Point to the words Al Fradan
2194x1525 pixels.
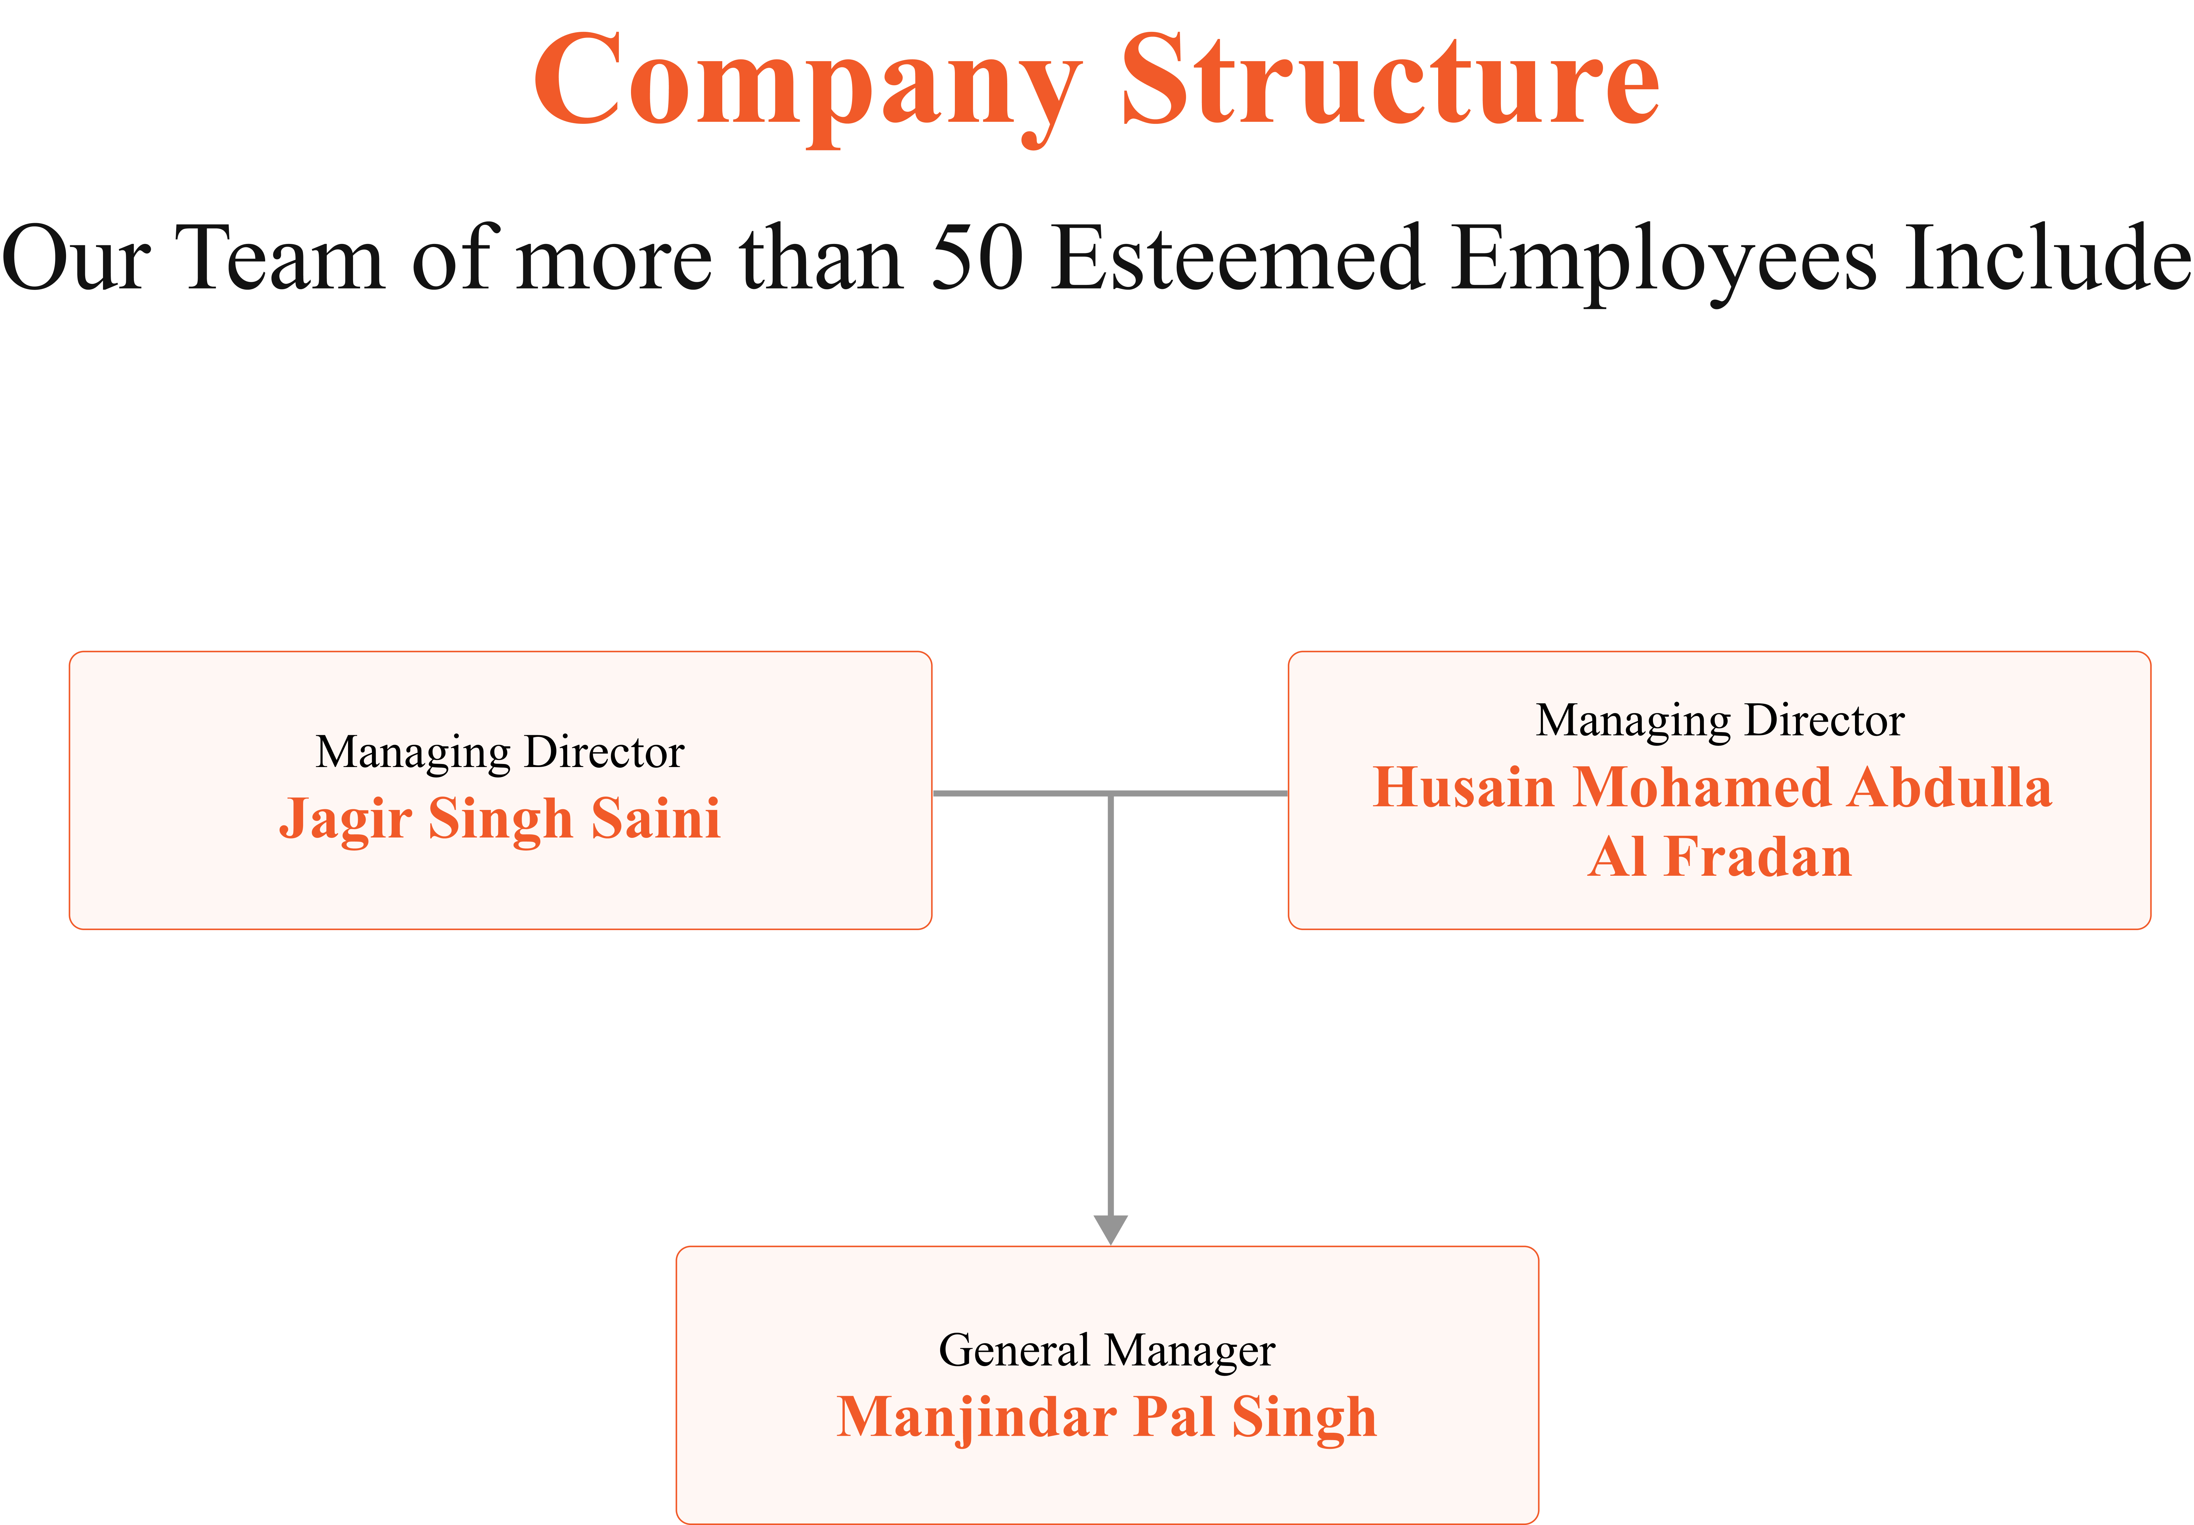1720,856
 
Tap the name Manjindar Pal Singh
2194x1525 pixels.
1107,1418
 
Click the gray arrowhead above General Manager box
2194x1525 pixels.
1110,1230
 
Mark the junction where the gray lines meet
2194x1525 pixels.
1110,793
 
